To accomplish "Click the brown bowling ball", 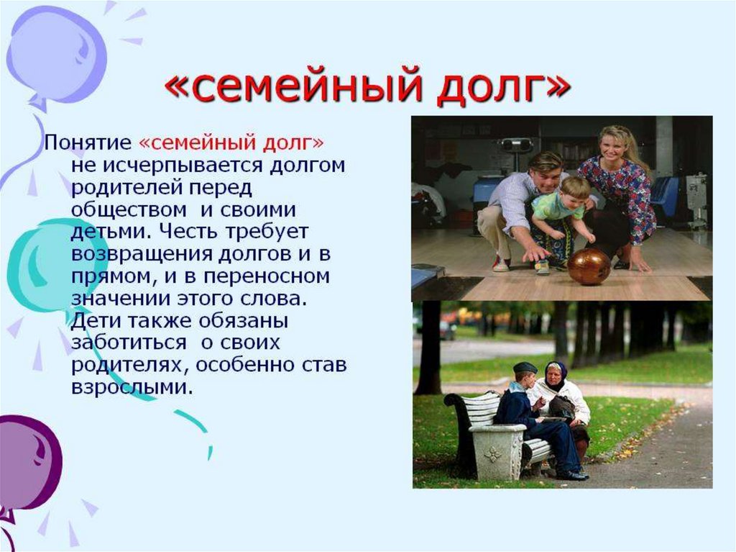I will tap(589, 266).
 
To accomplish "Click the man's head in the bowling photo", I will tap(545, 169).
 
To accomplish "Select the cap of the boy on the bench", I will tap(525, 368).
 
